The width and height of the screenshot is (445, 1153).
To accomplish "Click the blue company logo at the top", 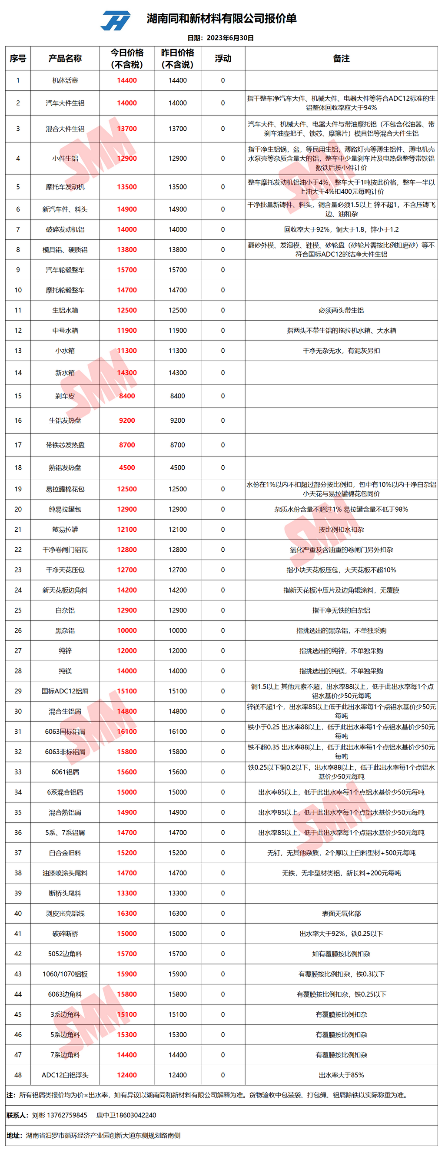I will [x=116, y=20].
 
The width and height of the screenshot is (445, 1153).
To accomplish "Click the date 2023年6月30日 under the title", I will [x=230, y=38].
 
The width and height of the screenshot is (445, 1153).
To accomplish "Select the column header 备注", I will [x=341, y=59].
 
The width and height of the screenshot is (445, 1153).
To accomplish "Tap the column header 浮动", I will [x=223, y=59].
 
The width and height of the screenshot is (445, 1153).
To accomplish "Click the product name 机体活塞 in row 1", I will [x=65, y=80].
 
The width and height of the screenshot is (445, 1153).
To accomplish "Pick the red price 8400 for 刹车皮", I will [x=127, y=396].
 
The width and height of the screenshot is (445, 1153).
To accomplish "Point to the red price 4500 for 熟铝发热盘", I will [x=127, y=468].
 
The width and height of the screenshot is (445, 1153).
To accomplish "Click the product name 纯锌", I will [x=65, y=651].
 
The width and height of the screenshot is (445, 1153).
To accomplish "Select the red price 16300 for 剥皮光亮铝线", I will [x=127, y=913].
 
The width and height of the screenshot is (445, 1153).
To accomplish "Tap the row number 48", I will [x=18, y=1075].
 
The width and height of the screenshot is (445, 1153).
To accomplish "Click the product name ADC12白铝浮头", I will [x=65, y=1075].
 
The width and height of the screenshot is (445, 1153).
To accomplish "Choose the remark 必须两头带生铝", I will [x=341, y=310].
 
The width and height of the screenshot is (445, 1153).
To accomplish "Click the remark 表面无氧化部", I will [x=341, y=913].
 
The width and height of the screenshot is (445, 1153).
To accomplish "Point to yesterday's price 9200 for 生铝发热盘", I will [x=177, y=420].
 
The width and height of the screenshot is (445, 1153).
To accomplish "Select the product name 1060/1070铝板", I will [x=65, y=974].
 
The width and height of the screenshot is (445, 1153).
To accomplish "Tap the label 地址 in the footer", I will [x=14, y=1135].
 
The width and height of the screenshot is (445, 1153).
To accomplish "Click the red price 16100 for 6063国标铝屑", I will [x=127, y=731].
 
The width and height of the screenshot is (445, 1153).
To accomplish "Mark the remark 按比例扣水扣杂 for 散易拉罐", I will [x=341, y=530].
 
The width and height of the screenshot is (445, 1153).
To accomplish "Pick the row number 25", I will [x=18, y=610].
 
